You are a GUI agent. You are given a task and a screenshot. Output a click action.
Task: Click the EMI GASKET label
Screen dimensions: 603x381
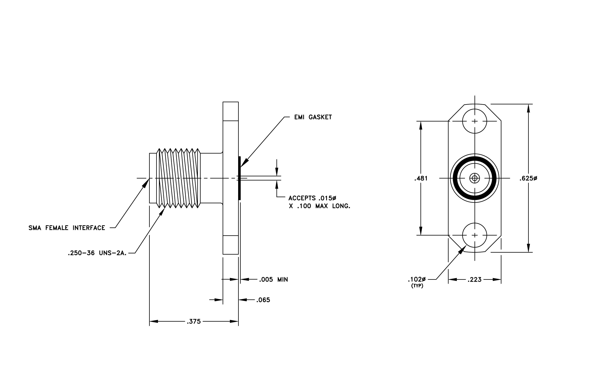[313, 117]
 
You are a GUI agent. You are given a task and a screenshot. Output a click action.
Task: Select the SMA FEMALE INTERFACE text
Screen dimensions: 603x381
[67, 228]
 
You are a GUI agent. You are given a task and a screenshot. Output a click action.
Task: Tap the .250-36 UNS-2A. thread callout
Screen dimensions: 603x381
[97, 253]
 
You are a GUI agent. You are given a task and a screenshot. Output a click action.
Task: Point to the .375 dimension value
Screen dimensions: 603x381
[194, 322]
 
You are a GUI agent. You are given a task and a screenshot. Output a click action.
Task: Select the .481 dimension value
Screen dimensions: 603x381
[421, 179]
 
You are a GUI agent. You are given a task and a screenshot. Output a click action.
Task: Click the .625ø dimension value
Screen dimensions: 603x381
[528, 179]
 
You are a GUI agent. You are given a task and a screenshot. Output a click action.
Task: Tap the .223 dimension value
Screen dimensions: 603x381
[475, 280]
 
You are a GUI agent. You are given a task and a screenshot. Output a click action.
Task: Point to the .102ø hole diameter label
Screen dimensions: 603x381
[417, 279]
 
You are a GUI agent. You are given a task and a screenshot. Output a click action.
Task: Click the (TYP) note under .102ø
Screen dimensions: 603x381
[417, 286]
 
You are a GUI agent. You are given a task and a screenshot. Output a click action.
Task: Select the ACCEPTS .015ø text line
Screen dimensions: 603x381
[312, 198]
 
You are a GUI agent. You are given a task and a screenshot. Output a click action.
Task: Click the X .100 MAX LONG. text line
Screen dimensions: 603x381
[319, 206]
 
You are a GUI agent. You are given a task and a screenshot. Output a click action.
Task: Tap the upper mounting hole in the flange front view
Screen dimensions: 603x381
[475, 110]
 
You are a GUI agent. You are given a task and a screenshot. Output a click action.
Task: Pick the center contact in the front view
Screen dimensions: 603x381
[475, 179]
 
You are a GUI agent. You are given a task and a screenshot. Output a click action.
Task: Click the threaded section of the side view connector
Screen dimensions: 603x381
[178, 178]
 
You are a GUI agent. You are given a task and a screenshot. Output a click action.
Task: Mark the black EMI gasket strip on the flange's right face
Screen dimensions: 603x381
[239, 178]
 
